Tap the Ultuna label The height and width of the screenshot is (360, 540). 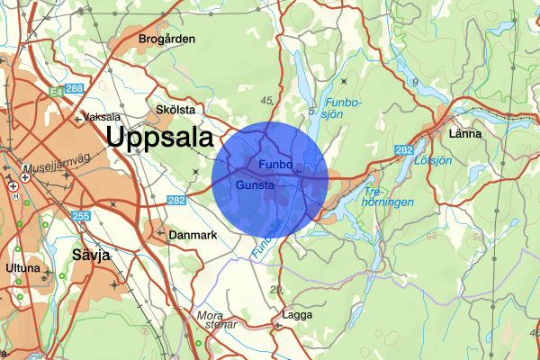[22, 268]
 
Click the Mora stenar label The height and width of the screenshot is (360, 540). [215, 320]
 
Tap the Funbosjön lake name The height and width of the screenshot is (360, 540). [343, 107]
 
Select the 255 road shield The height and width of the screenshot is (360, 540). [81, 216]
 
